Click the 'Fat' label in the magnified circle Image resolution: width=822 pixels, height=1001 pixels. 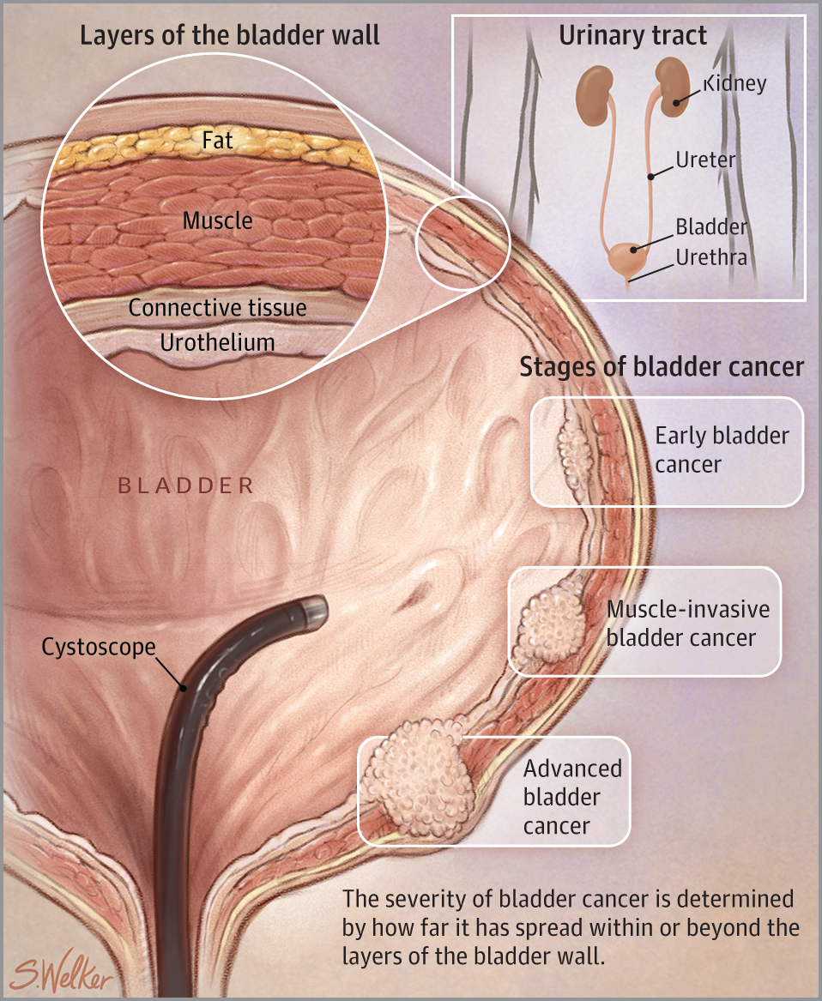point(218,139)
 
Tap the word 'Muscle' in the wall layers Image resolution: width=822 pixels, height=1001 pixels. point(218,220)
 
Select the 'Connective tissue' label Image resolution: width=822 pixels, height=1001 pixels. point(217,307)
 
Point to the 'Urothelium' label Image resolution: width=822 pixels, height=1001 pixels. point(218,342)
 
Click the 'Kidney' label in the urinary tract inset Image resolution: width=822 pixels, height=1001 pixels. point(734,84)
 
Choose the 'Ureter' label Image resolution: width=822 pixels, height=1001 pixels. point(705,160)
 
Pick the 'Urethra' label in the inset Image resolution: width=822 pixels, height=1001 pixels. point(710,257)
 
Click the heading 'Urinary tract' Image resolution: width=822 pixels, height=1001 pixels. point(633,36)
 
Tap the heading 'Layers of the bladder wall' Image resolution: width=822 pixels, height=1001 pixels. point(229,36)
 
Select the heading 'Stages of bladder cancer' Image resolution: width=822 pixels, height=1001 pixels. point(662,367)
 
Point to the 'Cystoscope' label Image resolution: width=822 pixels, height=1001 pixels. point(99,646)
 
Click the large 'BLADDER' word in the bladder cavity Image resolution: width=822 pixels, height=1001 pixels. point(185,486)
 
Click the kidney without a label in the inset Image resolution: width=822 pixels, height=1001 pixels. point(590,88)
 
